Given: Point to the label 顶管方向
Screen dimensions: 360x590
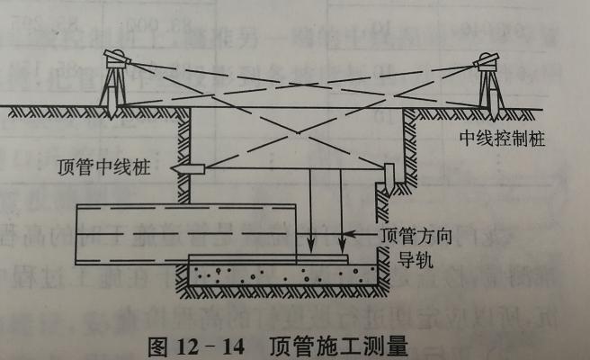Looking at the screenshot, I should pyautogui.click(x=414, y=236).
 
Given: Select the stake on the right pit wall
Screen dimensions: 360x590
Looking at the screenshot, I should pyautogui.click(x=390, y=176).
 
